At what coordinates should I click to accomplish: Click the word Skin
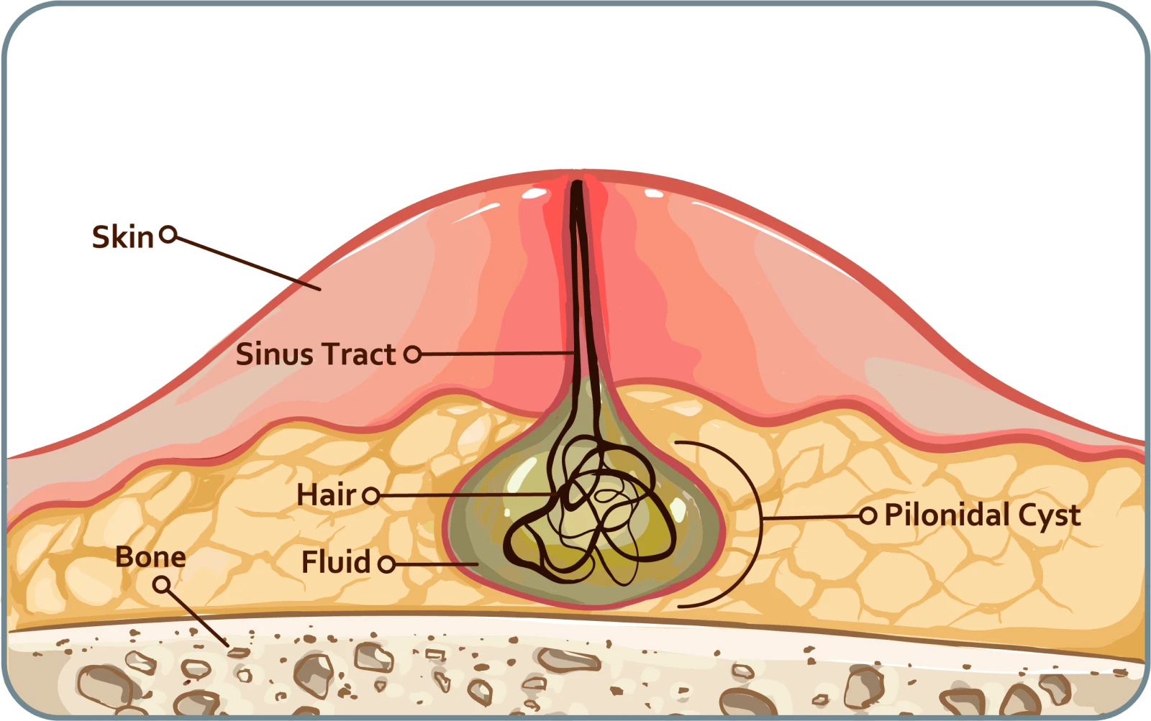122,237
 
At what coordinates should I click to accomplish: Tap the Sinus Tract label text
315,354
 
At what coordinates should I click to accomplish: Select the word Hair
326,495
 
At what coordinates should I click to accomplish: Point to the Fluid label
335,562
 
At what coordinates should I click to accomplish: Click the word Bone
150,557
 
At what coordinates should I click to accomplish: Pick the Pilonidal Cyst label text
982,515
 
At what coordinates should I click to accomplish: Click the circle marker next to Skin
168,234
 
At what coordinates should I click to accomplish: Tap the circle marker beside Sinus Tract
412,354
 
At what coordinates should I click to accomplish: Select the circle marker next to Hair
370,495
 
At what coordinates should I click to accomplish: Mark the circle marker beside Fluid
386,564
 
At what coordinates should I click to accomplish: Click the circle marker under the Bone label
163,585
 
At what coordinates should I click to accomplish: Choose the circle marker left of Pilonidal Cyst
868,515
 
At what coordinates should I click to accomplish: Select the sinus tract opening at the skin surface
577,185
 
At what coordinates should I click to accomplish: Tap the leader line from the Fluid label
436,564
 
